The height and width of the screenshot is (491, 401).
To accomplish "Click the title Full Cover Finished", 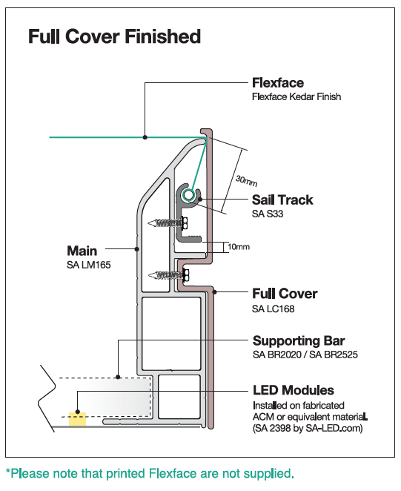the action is pyautogui.click(x=115, y=36).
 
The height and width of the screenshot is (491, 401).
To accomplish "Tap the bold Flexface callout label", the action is pyautogui.click(x=278, y=83).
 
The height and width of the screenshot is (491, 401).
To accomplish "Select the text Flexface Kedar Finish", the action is pyautogui.click(x=296, y=96).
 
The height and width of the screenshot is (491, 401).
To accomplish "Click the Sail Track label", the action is pyautogui.click(x=282, y=200).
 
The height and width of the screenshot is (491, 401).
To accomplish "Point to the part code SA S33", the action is pyautogui.click(x=268, y=214).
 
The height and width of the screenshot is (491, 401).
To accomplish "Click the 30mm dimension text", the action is pyautogui.click(x=247, y=181).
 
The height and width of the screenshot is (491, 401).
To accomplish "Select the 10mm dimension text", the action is pyautogui.click(x=239, y=247).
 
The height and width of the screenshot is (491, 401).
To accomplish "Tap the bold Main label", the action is pyautogui.click(x=82, y=251).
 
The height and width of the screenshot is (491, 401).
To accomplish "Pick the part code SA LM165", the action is pyautogui.click(x=89, y=266).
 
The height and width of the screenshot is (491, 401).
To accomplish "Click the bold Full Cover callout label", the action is pyautogui.click(x=285, y=294).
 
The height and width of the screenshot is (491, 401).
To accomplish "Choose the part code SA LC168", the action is pyautogui.click(x=274, y=309).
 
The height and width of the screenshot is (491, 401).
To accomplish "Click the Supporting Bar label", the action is pyautogui.click(x=299, y=340).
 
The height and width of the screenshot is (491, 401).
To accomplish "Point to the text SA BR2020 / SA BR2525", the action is pyautogui.click(x=305, y=355).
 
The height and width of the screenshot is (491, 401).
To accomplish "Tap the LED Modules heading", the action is pyautogui.click(x=294, y=390).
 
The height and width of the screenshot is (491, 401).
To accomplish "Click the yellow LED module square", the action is pyautogui.click(x=77, y=419).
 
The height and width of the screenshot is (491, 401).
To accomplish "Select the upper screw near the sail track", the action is pyautogui.click(x=168, y=223).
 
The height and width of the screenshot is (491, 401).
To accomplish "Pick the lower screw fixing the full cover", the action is pyautogui.click(x=169, y=275).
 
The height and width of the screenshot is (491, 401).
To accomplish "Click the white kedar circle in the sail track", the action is pyautogui.click(x=188, y=195).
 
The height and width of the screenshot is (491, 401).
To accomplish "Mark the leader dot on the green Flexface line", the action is pyautogui.click(x=145, y=137).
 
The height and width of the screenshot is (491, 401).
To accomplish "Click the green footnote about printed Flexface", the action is pyautogui.click(x=150, y=473).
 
